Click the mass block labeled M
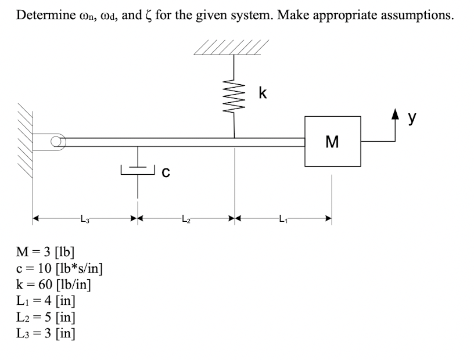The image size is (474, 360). point(332,141)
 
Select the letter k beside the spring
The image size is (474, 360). point(263,93)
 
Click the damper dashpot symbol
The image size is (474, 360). point(138,171)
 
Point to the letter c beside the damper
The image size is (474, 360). point(166,172)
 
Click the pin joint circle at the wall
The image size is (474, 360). point(56,141)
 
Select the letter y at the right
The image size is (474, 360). point(412,118)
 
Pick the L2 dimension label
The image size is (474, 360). point(186,218)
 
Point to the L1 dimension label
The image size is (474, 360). point(283,218)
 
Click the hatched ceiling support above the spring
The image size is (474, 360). point(231,47)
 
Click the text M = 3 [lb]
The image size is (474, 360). point(45,251)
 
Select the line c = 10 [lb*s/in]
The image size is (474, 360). point(60,268)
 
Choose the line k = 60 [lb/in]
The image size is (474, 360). point(53,284)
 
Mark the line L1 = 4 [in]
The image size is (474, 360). point(46,300)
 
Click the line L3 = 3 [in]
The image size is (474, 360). point(46,333)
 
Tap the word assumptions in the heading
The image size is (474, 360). point(417,16)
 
